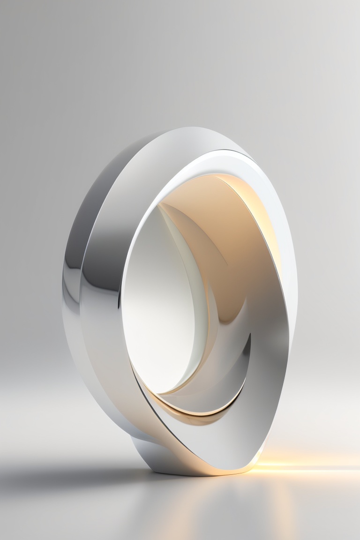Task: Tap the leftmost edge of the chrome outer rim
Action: (x=62, y=291)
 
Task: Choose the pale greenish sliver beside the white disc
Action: (x=197, y=281)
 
